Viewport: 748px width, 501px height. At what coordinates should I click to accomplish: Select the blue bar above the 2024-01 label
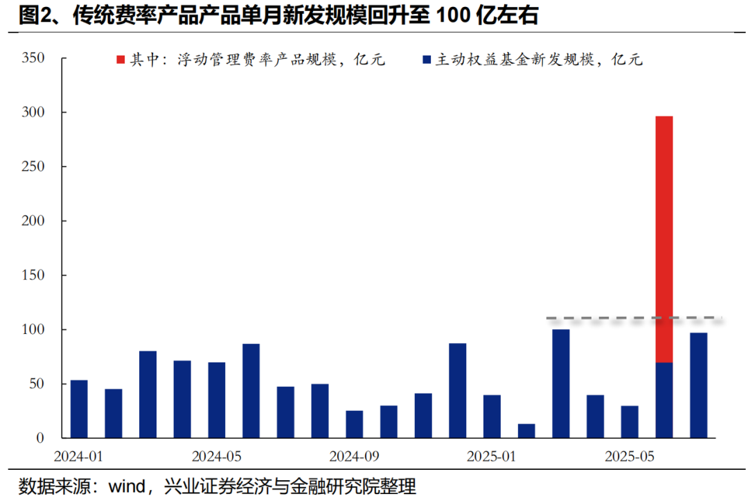pos(79,409)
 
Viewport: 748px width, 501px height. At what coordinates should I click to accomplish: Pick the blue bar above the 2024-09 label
pos(355,424)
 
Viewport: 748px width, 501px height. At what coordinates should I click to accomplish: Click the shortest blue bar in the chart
pos(526,430)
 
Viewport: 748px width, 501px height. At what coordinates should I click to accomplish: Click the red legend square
pos(121,60)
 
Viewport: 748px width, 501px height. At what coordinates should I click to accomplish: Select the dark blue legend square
pos(427,60)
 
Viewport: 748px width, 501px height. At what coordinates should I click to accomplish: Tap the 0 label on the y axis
pos(41,438)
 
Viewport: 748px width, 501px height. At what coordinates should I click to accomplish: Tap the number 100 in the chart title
pos(454,16)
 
